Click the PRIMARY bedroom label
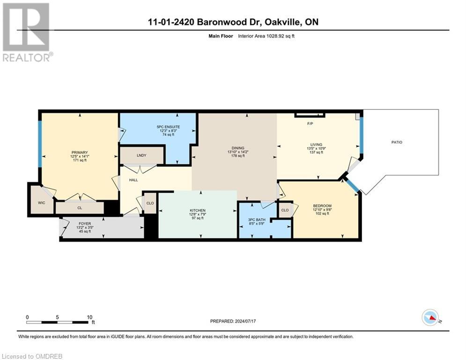click(x=80, y=152)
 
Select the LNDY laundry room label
click(x=141, y=155)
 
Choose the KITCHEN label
click(x=198, y=210)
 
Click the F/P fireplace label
click(x=310, y=124)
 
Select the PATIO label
click(x=397, y=142)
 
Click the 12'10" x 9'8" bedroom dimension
click(x=322, y=210)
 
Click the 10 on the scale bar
click(x=89, y=317)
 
